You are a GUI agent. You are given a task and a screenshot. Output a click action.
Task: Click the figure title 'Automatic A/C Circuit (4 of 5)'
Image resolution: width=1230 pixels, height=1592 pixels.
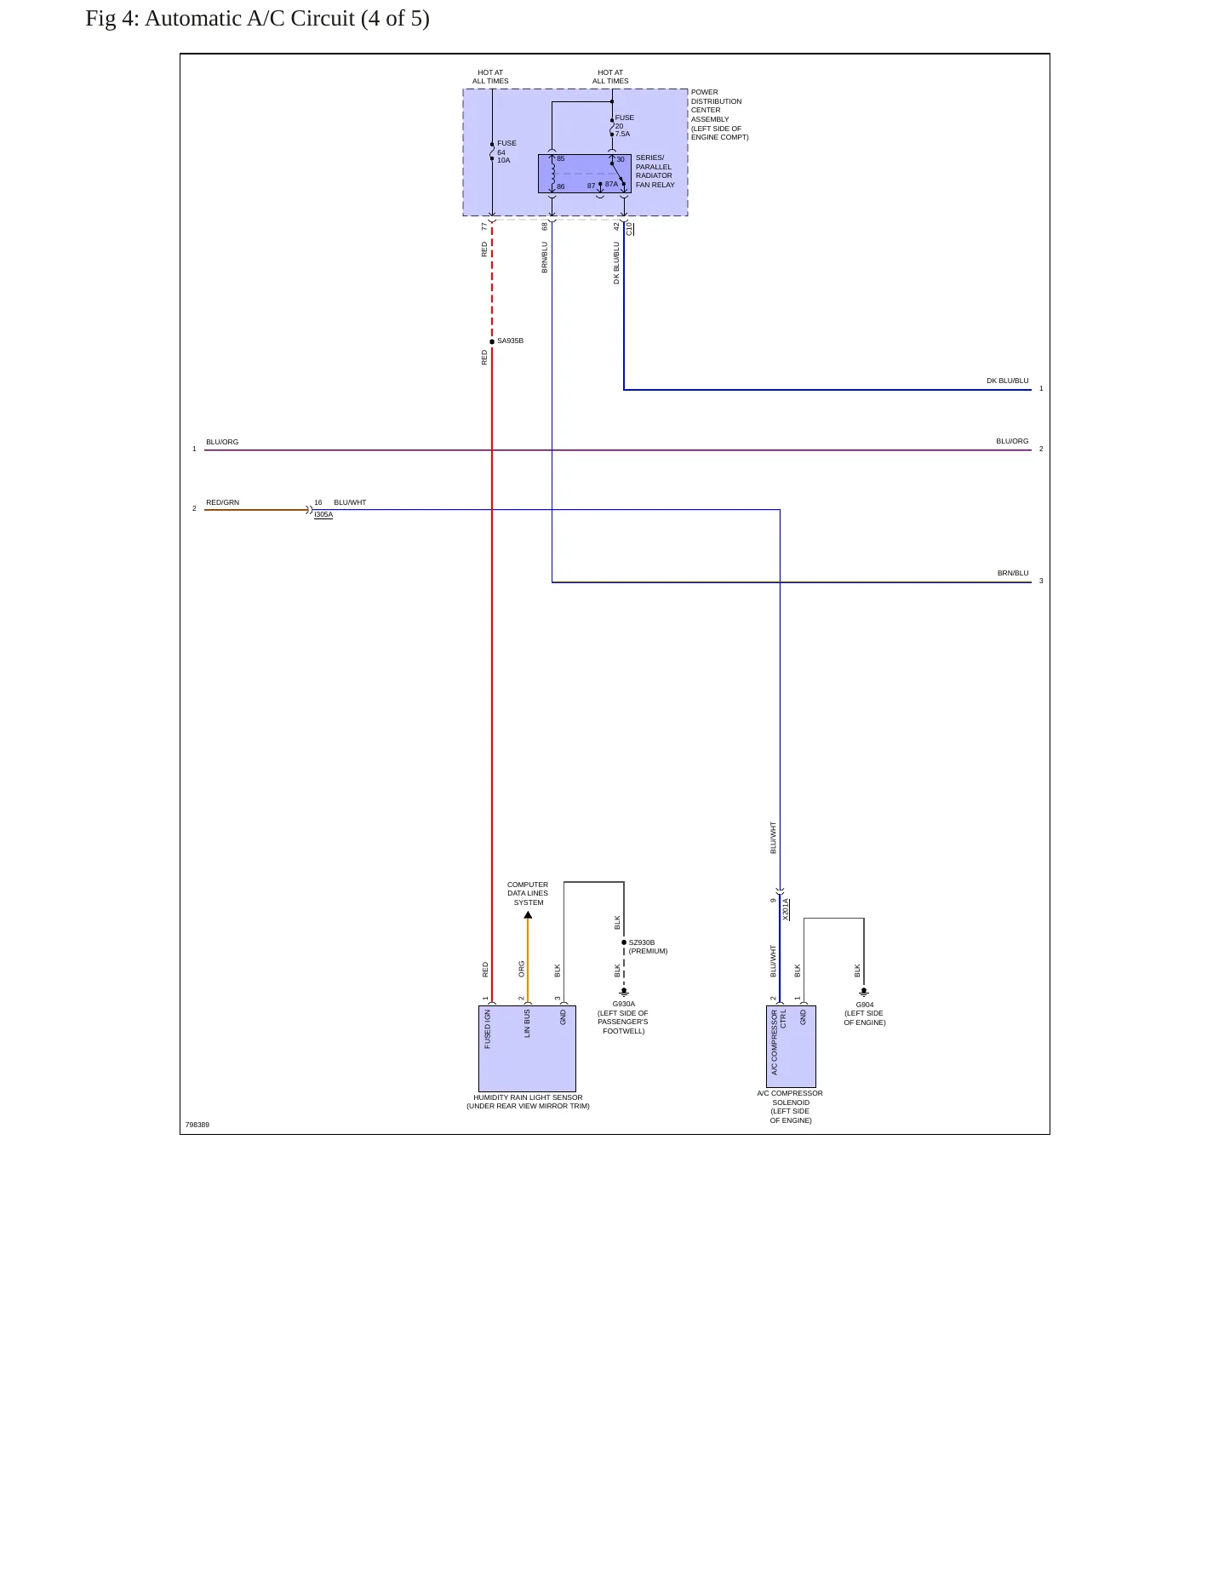(x=287, y=19)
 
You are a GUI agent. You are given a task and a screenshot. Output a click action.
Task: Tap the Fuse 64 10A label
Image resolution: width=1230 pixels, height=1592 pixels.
(x=506, y=152)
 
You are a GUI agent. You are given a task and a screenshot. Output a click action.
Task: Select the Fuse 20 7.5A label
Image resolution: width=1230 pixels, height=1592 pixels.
(x=624, y=126)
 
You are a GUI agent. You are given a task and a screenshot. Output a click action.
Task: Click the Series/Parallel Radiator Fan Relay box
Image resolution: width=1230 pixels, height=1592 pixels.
(x=585, y=174)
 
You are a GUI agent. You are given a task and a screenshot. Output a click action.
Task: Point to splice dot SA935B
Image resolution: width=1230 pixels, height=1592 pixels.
(x=492, y=341)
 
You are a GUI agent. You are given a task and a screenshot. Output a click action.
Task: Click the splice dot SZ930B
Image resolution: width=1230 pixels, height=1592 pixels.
(x=624, y=942)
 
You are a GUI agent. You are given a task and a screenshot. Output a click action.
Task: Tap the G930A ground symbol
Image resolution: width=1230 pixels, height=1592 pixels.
(x=624, y=992)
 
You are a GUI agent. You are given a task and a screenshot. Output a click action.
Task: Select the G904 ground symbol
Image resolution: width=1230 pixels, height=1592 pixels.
(x=864, y=992)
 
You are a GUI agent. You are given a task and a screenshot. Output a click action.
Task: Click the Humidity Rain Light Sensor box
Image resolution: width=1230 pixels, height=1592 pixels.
(x=527, y=1049)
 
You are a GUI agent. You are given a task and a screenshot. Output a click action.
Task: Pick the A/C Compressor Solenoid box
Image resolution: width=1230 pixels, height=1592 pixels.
(x=791, y=1047)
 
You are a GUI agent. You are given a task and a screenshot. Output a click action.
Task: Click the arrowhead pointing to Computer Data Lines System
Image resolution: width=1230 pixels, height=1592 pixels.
(x=528, y=915)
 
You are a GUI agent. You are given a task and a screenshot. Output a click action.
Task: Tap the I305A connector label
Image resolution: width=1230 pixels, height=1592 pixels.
(x=323, y=515)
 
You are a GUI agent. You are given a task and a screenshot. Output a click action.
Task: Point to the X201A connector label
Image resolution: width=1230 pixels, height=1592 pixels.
(x=786, y=909)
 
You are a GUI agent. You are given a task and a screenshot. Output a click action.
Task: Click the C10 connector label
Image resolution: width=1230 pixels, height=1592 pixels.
(x=630, y=229)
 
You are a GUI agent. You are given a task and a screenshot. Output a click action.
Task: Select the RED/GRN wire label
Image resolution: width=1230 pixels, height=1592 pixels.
(x=223, y=502)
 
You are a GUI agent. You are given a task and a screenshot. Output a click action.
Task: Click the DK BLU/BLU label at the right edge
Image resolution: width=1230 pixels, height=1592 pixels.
(x=1008, y=381)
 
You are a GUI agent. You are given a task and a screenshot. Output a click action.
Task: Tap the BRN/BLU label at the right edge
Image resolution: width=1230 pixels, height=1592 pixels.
(x=1013, y=573)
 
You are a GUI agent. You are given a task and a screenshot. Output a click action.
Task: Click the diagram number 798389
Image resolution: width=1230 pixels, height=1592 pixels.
(x=197, y=1125)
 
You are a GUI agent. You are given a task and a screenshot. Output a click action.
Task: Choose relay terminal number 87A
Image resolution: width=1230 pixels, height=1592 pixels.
(x=611, y=184)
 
